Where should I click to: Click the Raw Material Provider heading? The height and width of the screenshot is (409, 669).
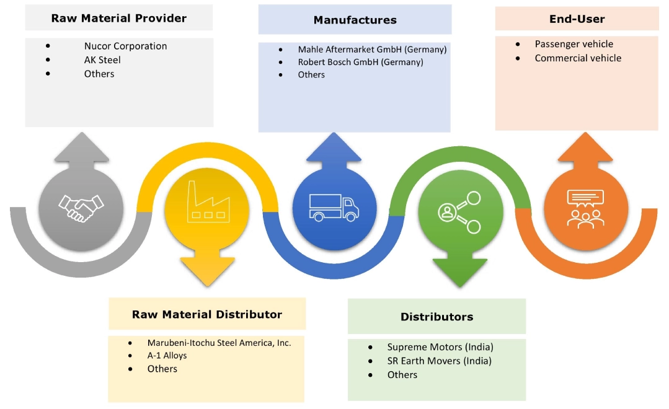point(118,18)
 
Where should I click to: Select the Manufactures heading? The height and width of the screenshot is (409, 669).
point(355,20)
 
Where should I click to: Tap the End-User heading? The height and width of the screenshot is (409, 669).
point(577,19)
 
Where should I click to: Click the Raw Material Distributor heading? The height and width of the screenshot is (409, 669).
point(207,314)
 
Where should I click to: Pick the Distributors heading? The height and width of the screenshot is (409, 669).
point(436,317)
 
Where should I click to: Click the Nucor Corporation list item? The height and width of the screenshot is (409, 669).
point(125,46)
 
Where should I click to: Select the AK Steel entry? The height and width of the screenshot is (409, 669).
point(102,60)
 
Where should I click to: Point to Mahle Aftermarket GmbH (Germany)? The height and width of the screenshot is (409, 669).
point(372,49)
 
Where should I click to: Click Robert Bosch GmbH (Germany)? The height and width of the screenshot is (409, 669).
point(360,62)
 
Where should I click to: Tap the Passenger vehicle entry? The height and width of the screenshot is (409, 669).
point(574,44)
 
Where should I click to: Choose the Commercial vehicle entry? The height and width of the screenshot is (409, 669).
point(578,58)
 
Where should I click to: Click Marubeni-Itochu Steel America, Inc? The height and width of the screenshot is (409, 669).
point(219,342)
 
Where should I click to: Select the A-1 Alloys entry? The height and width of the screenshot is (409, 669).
point(167,356)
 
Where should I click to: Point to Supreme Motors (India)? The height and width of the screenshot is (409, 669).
point(440,347)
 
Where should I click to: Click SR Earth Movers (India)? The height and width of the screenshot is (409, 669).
point(439,361)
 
